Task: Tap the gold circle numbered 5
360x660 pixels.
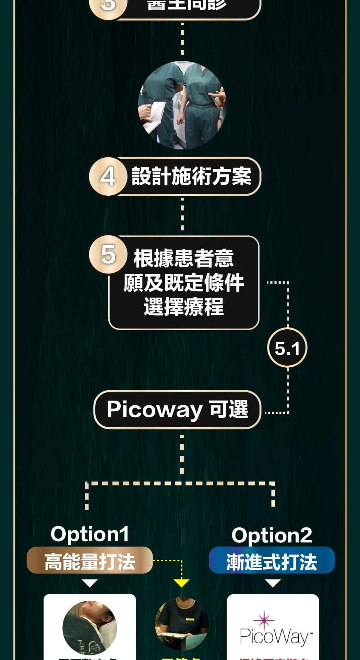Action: point(108,255)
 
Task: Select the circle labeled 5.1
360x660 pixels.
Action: point(287,348)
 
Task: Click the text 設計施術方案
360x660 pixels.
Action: point(192,177)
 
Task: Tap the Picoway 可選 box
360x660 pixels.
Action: point(177,410)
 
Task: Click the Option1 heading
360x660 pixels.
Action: point(90,534)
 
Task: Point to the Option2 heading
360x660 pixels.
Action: point(272,535)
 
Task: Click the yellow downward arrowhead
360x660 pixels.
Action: point(181,583)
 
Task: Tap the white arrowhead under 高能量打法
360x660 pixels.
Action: point(90,583)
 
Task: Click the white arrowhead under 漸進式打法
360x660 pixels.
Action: point(273,583)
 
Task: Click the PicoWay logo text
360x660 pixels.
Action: point(274,637)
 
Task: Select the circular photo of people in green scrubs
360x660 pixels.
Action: point(182,105)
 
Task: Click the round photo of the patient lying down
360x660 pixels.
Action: point(90,627)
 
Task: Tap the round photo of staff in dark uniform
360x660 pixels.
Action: point(182,624)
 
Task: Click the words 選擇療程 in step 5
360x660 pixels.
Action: point(184,307)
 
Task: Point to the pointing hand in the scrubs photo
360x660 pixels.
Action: point(219,96)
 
